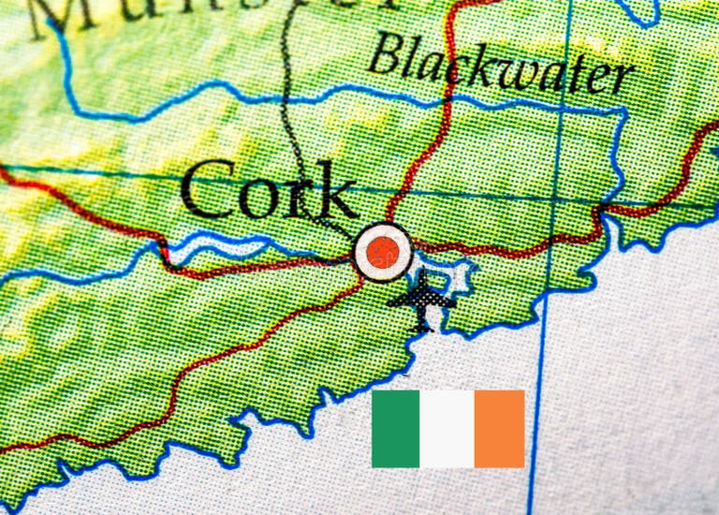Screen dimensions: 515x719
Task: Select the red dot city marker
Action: (x=383, y=251)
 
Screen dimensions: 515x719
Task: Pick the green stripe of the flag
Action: (x=396, y=428)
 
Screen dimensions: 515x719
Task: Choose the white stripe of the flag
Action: (x=448, y=428)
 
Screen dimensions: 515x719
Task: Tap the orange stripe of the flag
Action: (x=499, y=428)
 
